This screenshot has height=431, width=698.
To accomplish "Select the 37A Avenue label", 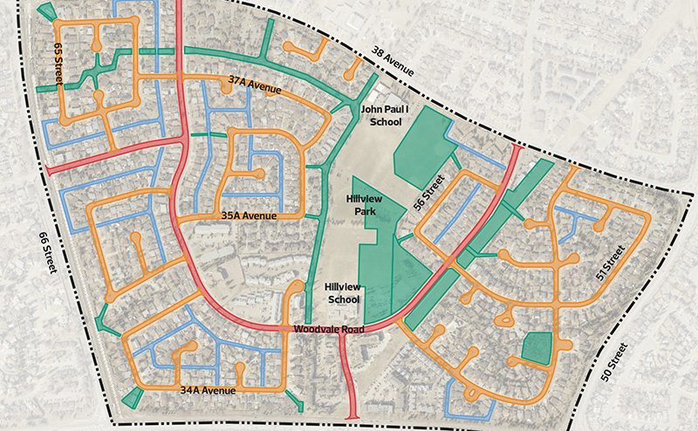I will click(255, 84).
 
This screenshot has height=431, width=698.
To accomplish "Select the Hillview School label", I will click(340, 293).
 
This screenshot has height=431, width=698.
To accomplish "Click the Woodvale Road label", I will click(327, 328).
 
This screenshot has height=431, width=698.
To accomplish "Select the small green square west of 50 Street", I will click(535, 348).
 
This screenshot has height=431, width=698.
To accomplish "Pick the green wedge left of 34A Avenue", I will click(131, 397).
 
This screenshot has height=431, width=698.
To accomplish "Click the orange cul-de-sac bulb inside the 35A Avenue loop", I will click(258, 174).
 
